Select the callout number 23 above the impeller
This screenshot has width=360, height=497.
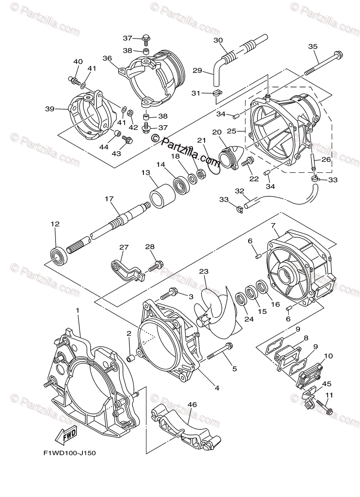pos(203,272)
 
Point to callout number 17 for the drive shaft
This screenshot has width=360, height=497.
pos(109,199)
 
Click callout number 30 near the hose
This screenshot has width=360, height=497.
pos(218,40)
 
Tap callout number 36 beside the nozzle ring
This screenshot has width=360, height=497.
pos(107,58)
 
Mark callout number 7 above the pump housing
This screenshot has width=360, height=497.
pos(273,225)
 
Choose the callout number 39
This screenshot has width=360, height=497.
pos(50,109)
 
